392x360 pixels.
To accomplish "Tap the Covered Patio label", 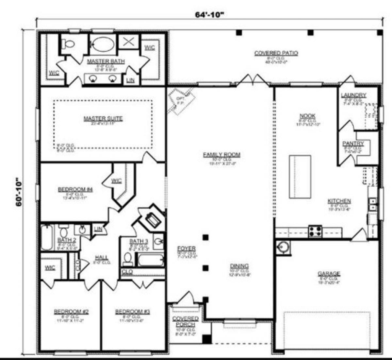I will click(276, 53).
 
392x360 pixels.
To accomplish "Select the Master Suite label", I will click(103, 118).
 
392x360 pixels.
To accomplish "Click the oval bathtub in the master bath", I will click(102, 44).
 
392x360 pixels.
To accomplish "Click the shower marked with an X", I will click(128, 42).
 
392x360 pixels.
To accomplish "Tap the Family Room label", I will click(221, 155).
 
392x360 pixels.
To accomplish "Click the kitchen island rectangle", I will click(300, 177).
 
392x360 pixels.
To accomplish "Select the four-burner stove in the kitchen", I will click(315, 231).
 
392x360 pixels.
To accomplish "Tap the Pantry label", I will click(353, 144).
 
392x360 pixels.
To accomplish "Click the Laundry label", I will click(353, 95).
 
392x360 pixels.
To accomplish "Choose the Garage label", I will click(329, 274).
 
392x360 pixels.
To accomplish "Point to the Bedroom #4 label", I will click(75, 189).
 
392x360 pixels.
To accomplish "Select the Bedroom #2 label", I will click(71, 312).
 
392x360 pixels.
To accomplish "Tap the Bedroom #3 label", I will click(132, 312).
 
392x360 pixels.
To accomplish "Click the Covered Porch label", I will click(185, 321).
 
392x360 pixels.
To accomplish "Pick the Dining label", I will click(239, 266).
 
